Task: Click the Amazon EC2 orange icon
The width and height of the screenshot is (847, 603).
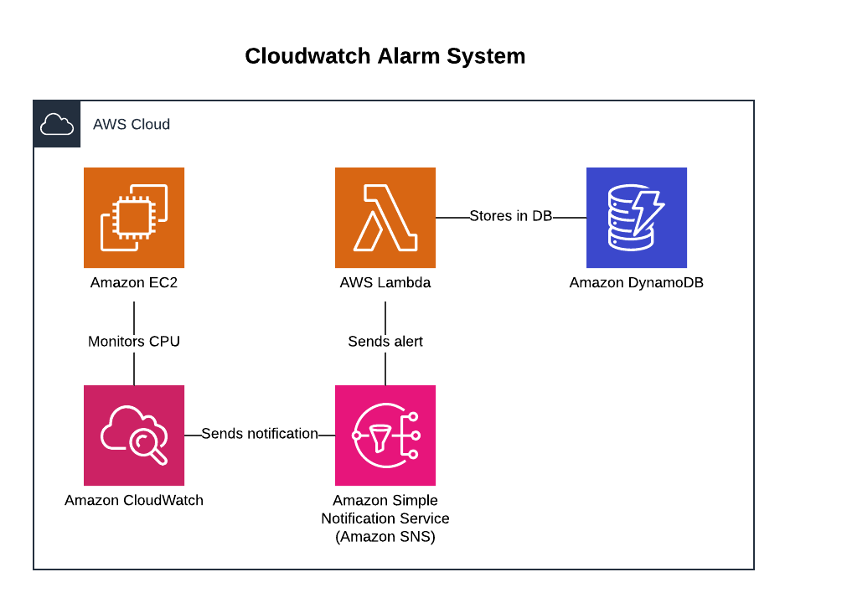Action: pyautogui.click(x=134, y=218)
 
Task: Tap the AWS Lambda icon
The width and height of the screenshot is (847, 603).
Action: pyautogui.click(x=385, y=218)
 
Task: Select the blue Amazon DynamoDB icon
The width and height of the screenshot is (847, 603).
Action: pyautogui.click(x=637, y=218)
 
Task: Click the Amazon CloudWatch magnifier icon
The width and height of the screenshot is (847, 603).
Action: pyautogui.click(x=134, y=435)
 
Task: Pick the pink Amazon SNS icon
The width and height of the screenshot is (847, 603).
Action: pyautogui.click(x=385, y=435)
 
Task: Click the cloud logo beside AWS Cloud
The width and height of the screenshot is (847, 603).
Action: pyautogui.click(x=57, y=124)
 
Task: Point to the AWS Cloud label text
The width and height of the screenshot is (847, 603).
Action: pyautogui.click(x=132, y=124)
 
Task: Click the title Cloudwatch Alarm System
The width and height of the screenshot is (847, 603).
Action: pyautogui.click(x=385, y=56)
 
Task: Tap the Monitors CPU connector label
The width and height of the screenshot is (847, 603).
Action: pyautogui.click(x=134, y=341)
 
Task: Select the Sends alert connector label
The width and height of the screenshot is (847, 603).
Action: pyautogui.click(x=385, y=341)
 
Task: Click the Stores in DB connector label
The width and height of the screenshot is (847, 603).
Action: pyautogui.click(x=510, y=216)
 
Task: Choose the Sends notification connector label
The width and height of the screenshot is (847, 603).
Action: pyautogui.click(x=260, y=434)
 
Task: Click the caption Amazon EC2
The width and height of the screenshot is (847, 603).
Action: pyautogui.click(x=134, y=283)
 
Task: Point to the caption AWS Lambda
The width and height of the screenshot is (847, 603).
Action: pyautogui.click(x=385, y=283)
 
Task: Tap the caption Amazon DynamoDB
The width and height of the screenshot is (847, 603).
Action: pyautogui.click(x=637, y=283)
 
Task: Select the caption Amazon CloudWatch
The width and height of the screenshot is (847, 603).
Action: pyautogui.click(x=134, y=501)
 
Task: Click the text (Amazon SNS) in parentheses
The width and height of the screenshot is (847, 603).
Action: pyautogui.click(x=385, y=538)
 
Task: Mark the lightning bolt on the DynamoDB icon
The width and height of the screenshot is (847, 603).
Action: pyautogui.click(x=647, y=214)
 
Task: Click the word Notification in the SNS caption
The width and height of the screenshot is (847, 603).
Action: pyautogui.click(x=360, y=519)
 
